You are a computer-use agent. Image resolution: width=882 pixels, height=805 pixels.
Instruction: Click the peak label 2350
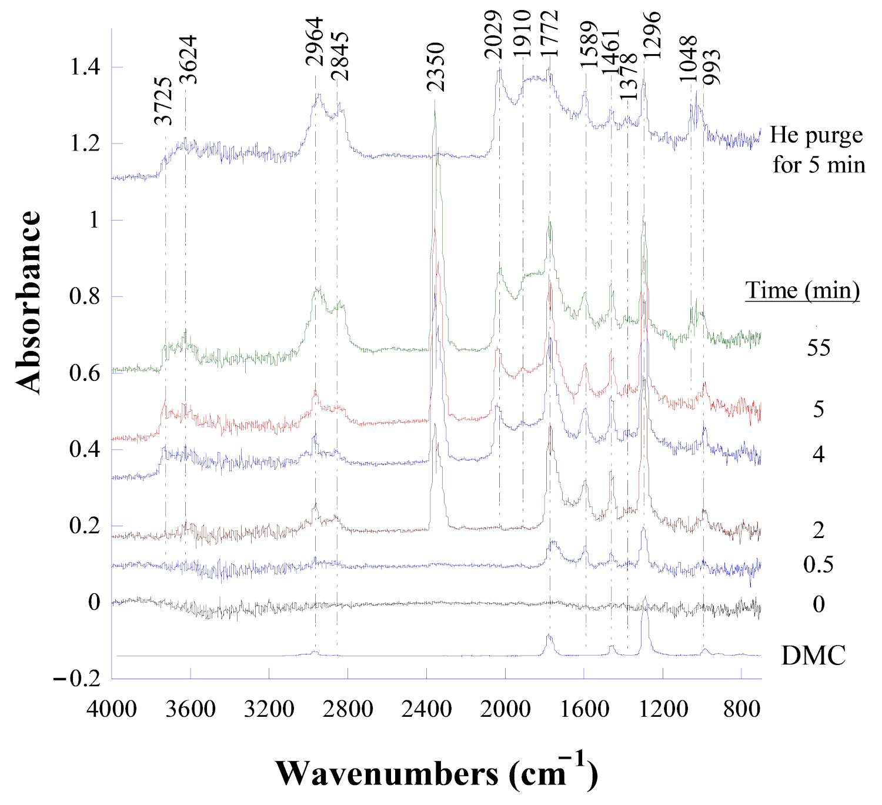point(436,67)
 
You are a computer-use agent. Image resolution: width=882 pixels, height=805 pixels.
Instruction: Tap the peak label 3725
point(163,101)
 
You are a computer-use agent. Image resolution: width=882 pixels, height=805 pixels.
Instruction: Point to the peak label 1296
point(652,35)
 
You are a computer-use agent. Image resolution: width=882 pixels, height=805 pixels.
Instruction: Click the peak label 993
point(711,67)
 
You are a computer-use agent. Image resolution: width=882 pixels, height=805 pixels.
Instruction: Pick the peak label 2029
point(493,35)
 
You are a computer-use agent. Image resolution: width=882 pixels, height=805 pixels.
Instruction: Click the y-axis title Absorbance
point(28,302)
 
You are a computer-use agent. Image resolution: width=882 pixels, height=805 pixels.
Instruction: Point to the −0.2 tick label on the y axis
point(77,679)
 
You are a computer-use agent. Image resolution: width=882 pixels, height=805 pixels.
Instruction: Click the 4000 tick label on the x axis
point(112,709)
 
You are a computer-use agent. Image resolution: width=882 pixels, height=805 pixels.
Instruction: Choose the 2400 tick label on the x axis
point(426,709)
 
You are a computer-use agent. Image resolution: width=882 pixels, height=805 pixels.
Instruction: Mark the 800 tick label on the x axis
point(741,709)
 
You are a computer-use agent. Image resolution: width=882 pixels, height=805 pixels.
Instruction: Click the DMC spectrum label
point(813,655)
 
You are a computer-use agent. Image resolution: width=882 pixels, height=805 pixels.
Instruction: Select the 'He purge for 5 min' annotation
point(818,150)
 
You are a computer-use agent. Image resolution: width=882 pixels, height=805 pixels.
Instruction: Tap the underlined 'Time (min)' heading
point(803,290)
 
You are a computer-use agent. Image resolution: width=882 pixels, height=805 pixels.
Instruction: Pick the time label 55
point(818,348)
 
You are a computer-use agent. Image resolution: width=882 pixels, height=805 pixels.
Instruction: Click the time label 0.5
point(818,564)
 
